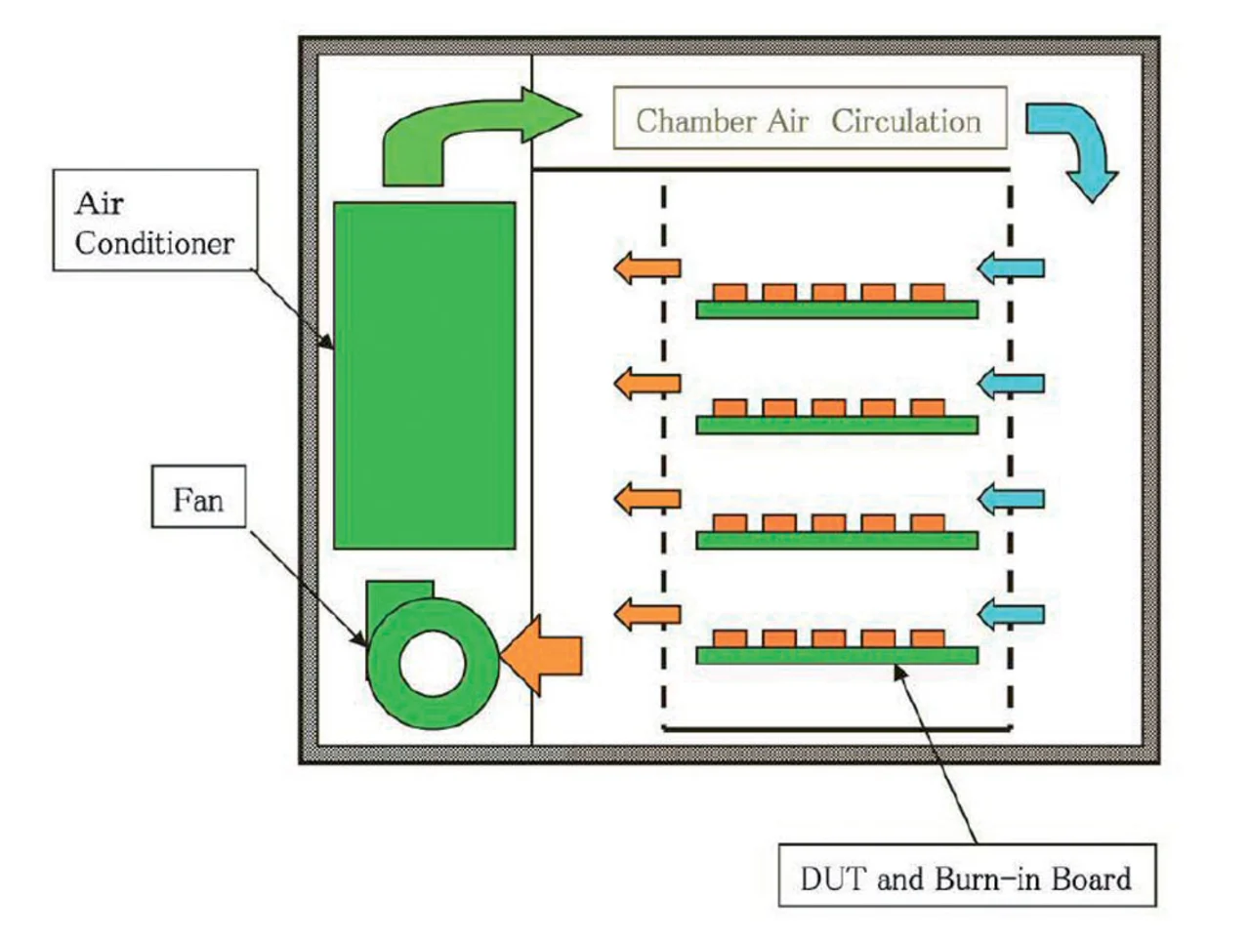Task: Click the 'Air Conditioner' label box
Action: (154, 221)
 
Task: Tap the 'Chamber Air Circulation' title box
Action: (809, 119)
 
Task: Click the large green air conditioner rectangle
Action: (424, 375)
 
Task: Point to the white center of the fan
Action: (432, 662)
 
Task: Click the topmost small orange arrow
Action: (646, 267)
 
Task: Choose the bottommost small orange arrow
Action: (646, 614)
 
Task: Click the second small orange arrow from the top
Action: (646, 383)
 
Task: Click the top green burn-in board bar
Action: (836, 309)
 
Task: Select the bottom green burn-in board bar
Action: (836, 655)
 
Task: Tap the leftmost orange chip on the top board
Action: (729, 292)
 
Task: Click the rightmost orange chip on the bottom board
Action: (927, 638)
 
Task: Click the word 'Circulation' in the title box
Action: (905, 120)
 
